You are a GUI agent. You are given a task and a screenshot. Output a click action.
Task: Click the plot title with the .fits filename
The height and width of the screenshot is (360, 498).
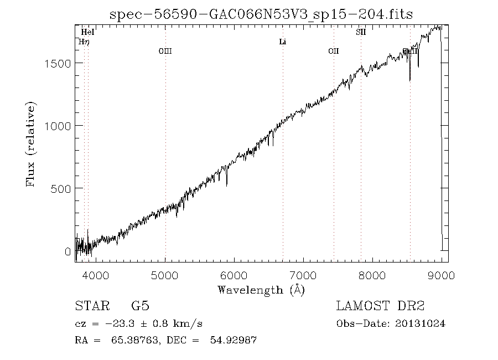261,14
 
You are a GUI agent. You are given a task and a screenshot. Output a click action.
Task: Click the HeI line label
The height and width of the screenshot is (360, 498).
87,33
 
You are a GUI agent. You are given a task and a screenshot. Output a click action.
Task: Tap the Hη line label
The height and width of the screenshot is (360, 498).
85,42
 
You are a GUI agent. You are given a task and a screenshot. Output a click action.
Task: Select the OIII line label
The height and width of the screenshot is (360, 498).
165,51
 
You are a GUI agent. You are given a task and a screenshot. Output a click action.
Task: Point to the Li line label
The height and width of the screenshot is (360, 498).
282,42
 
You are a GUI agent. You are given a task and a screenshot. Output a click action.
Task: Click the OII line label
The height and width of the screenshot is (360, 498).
333,51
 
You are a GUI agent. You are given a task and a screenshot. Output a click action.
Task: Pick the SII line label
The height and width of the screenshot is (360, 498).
361,33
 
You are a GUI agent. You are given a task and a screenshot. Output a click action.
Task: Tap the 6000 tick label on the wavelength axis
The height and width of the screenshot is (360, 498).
234,275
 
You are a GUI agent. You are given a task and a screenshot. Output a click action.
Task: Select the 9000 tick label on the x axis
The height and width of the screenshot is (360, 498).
441,275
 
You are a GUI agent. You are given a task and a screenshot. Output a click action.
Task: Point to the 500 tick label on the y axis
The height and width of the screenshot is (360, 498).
60,189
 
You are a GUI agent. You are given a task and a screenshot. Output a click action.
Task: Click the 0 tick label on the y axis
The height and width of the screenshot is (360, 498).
68,252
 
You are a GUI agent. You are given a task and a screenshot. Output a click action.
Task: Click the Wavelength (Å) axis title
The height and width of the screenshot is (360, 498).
261,290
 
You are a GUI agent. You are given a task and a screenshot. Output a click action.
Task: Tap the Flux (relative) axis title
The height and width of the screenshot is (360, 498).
31,144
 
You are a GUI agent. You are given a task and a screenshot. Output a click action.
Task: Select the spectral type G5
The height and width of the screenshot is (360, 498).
140,306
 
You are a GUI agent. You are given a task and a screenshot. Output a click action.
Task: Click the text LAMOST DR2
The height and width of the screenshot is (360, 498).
380,306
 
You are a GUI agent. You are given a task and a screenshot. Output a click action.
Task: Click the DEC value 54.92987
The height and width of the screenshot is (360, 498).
232,341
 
